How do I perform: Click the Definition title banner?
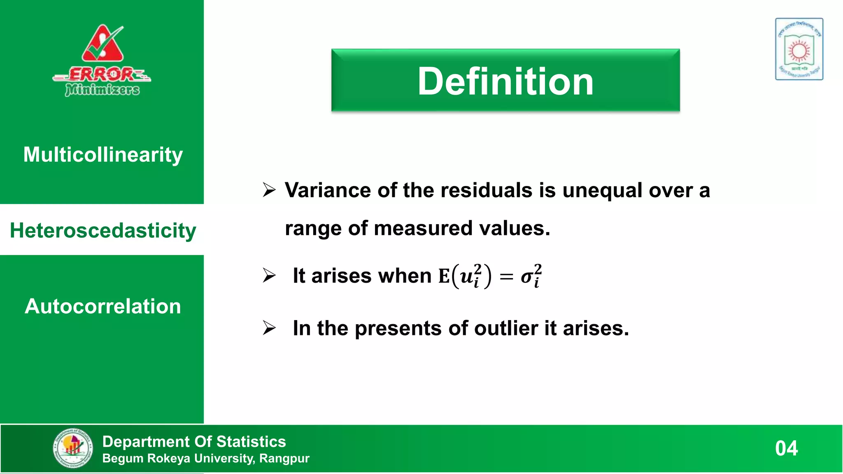(x=505, y=81)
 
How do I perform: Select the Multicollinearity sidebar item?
(x=103, y=155)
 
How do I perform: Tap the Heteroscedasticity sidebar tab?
(x=103, y=230)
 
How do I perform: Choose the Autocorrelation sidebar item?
(x=103, y=306)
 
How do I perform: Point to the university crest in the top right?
(x=799, y=49)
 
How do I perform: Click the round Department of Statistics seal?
(x=73, y=448)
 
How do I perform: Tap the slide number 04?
(x=786, y=448)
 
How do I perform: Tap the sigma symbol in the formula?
(x=527, y=276)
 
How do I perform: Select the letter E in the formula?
(x=444, y=276)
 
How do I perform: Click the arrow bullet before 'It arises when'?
(x=269, y=276)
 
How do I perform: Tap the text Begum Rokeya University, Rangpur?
(x=206, y=458)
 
